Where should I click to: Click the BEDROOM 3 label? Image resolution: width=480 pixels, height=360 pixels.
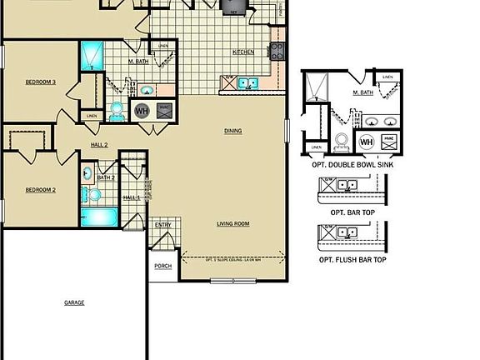click(40, 82)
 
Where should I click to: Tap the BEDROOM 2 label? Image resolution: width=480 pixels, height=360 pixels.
click(40, 190)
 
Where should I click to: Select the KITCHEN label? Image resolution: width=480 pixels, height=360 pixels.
click(243, 52)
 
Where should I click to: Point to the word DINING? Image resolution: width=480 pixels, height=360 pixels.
click(232, 131)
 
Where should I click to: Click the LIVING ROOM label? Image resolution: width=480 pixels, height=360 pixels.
click(232, 223)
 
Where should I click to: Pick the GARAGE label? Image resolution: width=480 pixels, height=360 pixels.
click(74, 302)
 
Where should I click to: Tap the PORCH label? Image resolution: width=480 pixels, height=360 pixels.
click(162, 267)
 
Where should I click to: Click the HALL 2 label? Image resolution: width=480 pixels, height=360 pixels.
click(99, 145)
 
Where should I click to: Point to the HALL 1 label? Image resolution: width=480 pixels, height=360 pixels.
click(132, 197)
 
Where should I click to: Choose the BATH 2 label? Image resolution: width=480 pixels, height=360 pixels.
click(106, 177)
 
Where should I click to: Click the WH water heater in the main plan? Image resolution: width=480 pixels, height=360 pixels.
click(142, 111)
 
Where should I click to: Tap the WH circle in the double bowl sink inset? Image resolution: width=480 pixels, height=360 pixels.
click(366, 142)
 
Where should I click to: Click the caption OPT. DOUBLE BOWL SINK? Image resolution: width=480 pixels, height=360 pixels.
click(352, 165)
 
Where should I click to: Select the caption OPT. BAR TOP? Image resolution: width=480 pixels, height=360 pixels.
click(352, 212)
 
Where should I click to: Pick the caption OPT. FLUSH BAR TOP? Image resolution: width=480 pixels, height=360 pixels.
click(352, 260)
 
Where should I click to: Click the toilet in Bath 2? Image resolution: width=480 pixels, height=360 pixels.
click(93, 195)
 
